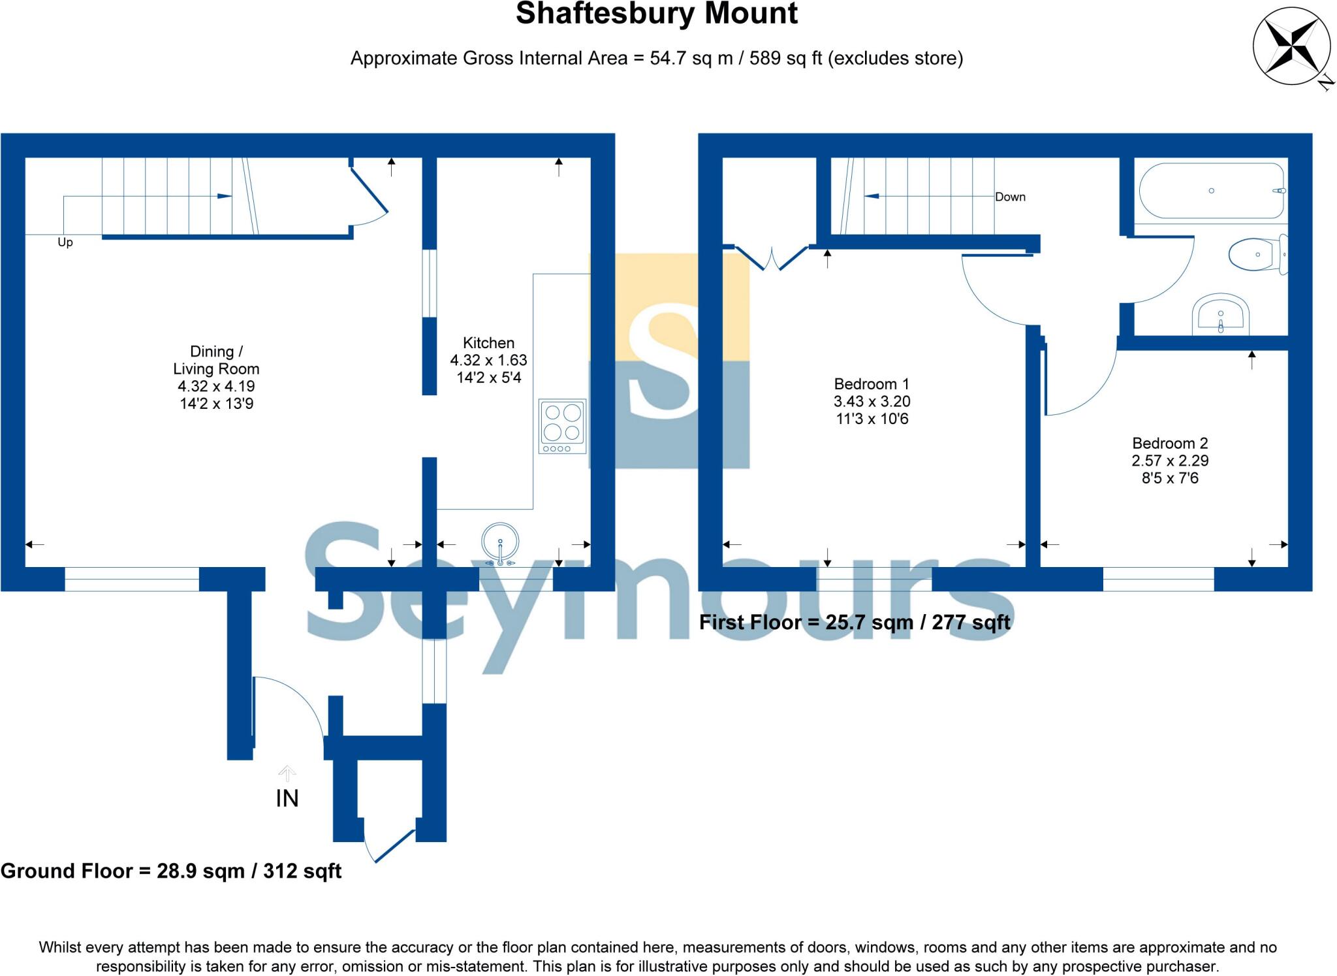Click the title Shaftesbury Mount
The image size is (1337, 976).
pyautogui.click(x=657, y=14)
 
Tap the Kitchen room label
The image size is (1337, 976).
pyautogui.click(x=488, y=343)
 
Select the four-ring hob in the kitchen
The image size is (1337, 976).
pyautogui.click(x=562, y=426)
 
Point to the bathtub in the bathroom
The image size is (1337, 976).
pyautogui.click(x=1212, y=191)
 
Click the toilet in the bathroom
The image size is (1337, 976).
pyautogui.click(x=1257, y=254)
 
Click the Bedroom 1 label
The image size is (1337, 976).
pyautogui.click(x=872, y=384)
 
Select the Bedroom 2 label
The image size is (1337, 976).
pyautogui.click(x=1170, y=444)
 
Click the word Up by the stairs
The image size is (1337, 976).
pyautogui.click(x=65, y=242)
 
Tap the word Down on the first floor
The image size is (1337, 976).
pyautogui.click(x=1010, y=197)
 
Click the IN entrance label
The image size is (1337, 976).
pyautogui.click(x=287, y=798)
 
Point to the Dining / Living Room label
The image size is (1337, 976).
pyautogui.click(x=216, y=361)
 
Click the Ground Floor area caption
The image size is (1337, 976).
pyautogui.click(x=171, y=871)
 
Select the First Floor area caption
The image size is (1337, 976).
pyautogui.click(x=855, y=623)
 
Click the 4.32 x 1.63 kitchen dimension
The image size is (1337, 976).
pyautogui.click(x=488, y=360)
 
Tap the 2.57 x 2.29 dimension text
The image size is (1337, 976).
pyautogui.click(x=1170, y=461)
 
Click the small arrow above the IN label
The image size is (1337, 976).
pyautogui.click(x=287, y=773)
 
